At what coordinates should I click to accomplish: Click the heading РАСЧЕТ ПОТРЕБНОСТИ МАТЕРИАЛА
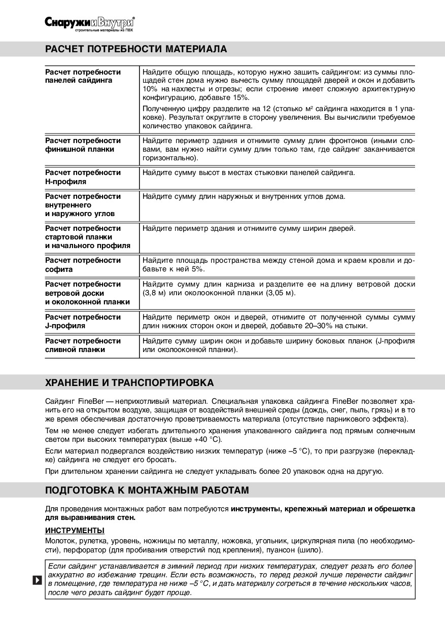pos(136,49)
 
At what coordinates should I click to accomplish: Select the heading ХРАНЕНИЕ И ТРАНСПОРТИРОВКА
pos(129,382)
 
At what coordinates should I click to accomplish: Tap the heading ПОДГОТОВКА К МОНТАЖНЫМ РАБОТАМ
pos(147,491)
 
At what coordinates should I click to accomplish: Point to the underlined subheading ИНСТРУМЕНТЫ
pos(75,531)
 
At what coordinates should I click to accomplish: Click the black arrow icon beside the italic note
pos(37,580)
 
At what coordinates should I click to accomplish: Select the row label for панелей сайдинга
pos(83,76)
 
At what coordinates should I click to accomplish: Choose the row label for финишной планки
pos(83,145)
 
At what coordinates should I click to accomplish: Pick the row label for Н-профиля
pos(83,177)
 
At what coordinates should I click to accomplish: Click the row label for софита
pos(83,265)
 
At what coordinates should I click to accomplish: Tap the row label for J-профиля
pos(83,322)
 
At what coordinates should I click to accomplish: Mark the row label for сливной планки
pos(83,345)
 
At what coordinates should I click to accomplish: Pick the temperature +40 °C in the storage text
pos(208,440)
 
